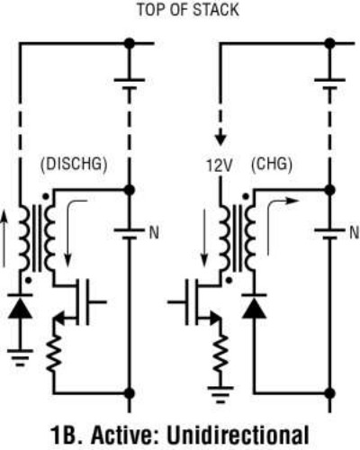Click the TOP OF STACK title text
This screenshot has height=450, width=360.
[188, 10]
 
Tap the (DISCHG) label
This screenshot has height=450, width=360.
[74, 165]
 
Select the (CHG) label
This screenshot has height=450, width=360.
[272, 165]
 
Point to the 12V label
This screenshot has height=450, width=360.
[220, 166]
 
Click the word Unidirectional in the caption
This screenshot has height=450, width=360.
[238, 435]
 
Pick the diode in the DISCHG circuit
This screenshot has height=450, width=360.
[21, 307]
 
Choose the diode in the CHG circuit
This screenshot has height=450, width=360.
[254, 307]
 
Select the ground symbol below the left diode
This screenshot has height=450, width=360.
[20, 357]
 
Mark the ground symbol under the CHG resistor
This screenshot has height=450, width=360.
[220, 395]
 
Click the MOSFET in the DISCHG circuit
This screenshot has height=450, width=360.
[78, 301]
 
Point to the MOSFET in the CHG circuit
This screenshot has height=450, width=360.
[195, 301]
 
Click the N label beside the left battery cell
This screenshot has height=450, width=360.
[154, 233]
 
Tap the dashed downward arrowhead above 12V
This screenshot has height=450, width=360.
[220, 139]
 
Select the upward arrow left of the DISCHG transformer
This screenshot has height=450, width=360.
[4, 238]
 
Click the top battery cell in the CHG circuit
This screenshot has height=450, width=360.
[329, 85]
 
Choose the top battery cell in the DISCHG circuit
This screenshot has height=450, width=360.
[130, 85]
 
